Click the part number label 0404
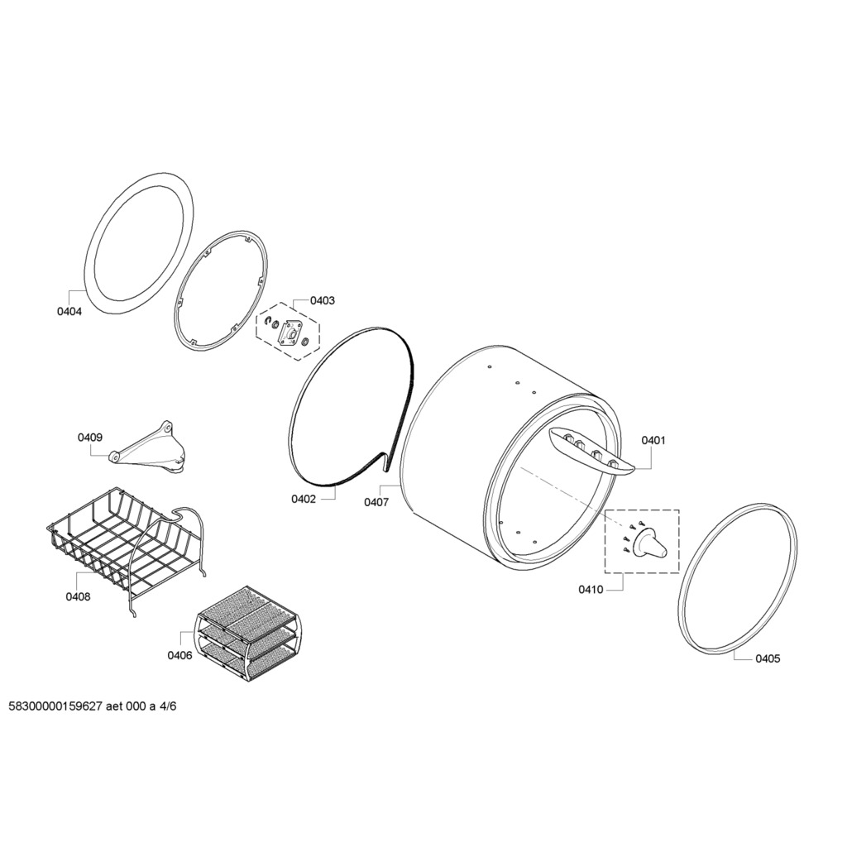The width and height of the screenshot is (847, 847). click(x=69, y=312)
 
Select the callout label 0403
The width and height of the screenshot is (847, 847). click(x=322, y=300)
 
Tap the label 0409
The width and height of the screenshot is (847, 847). click(x=89, y=438)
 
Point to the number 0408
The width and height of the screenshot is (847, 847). click(x=78, y=597)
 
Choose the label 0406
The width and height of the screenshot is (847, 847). click(x=179, y=656)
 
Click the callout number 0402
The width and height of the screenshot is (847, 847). click(x=304, y=499)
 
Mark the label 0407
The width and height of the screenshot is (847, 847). click(x=376, y=502)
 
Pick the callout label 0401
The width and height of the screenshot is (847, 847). click(x=653, y=440)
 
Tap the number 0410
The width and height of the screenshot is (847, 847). click(x=591, y=590)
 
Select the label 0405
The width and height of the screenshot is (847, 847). click(x=768, y=658)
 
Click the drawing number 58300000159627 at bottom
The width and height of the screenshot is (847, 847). click(x=55, y=706)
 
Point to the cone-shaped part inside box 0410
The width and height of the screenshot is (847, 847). click(x=650, y=543)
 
